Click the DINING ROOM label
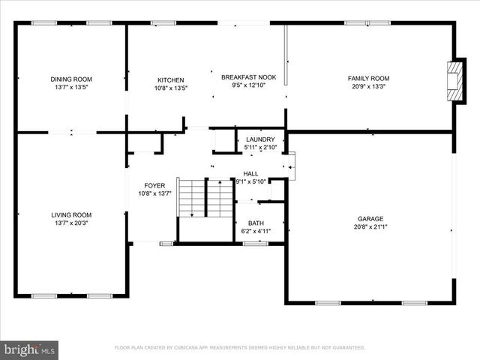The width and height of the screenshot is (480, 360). point(71,79)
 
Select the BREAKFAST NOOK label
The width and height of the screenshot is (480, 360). point(248,76)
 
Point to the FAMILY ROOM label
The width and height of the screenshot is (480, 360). point(368,78)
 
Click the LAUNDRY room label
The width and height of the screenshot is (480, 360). point(259,139)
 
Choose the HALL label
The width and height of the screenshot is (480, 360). point(250,173)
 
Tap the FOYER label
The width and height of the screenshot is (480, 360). point(154,185)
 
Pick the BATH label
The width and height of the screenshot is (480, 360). point(256,223)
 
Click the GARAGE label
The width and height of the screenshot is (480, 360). point(370,219)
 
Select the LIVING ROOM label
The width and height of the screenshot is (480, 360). point(71,214)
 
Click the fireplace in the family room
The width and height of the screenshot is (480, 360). point(452,80)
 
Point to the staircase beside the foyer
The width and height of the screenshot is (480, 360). point(205,198)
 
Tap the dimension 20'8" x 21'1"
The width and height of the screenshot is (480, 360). point(370,227)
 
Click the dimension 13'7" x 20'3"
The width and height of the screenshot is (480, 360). point(71,223)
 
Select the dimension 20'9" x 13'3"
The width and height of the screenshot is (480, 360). point(368,86)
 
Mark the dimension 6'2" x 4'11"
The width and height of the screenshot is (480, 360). point(256,231)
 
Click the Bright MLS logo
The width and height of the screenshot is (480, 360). point(30,349)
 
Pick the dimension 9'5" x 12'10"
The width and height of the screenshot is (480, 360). point(248,85)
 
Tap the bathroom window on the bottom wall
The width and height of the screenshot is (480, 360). point(256,243)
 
